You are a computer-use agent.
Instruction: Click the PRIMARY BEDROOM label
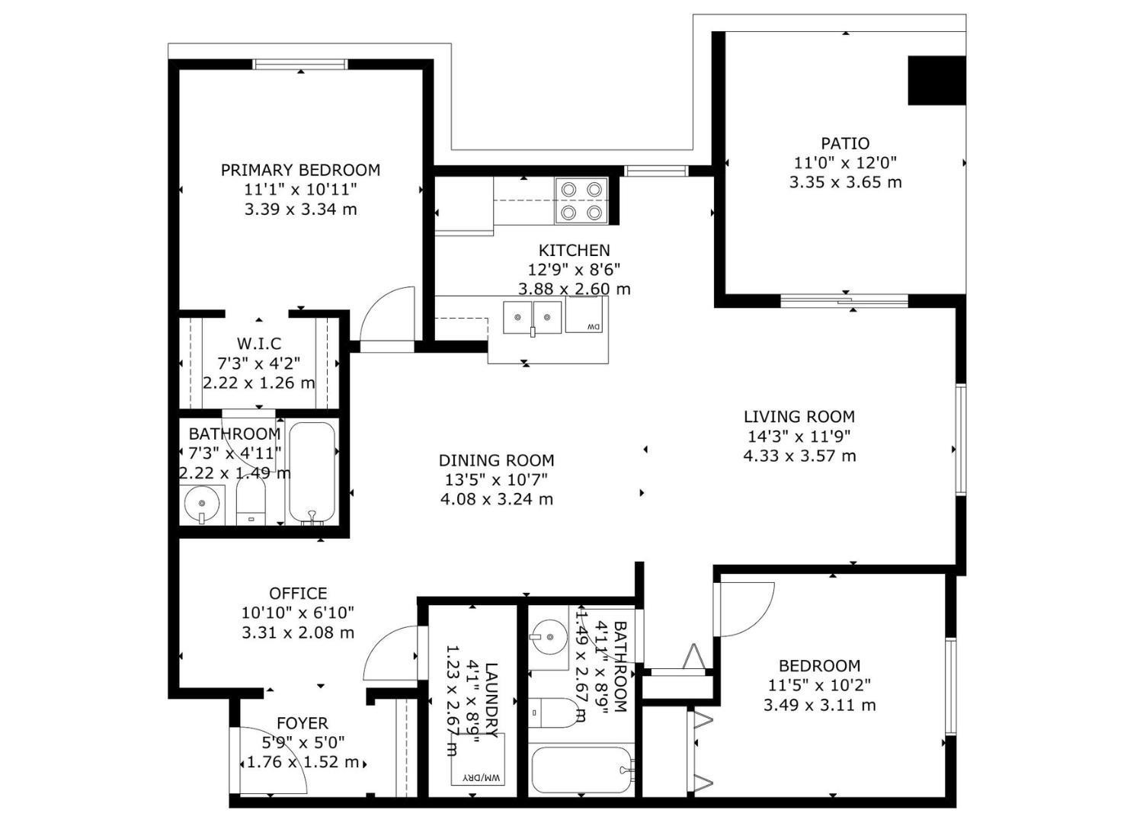(300, 170)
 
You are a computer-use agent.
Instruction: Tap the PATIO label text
(845, 143)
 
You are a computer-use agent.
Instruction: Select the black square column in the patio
(936, 81)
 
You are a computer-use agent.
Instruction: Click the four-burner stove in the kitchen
(581, 201)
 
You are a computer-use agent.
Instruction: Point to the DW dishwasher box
(584, 315)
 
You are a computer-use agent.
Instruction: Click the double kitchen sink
(533, 317)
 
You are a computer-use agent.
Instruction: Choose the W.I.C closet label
(258, 344)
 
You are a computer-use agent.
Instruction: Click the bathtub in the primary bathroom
(312, 472)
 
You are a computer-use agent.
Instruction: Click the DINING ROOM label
(496, 460)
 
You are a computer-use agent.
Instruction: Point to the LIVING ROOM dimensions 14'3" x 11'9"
(799, 437)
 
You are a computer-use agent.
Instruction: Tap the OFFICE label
(298, 593)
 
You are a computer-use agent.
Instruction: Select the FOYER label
(303, 723)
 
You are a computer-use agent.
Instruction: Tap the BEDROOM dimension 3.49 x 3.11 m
(819, 706)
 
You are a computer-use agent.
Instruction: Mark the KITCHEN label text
(574, 250)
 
